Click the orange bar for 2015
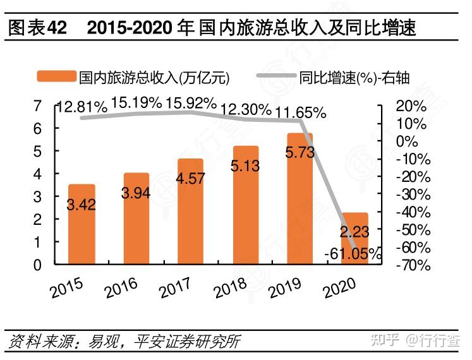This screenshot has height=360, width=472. (82, 224)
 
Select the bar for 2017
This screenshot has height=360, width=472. (191, 212)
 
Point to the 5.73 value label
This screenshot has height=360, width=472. (300, 152)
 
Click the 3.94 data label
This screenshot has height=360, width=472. (136, 193)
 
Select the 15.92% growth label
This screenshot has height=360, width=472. (191, 103)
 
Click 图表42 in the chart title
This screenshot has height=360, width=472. (37, 29)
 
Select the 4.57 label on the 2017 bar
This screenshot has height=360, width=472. (191, 177)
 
